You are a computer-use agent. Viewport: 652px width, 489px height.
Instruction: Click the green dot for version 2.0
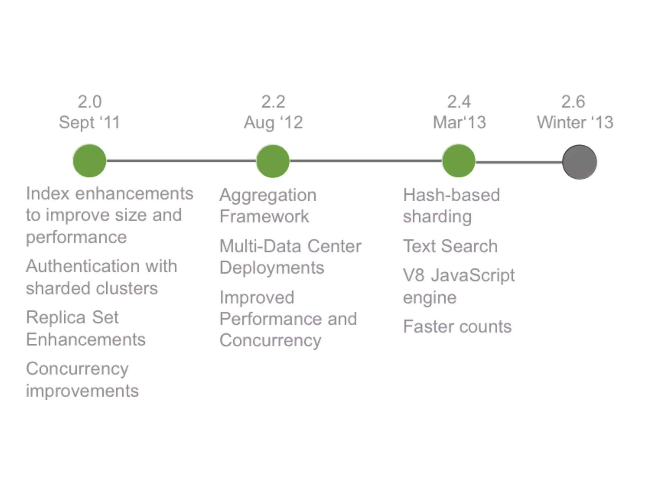89,161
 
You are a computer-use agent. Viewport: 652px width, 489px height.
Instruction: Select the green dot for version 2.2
273,161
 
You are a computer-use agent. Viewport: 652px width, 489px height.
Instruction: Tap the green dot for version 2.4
459,161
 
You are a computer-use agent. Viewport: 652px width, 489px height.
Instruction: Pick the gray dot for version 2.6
579,162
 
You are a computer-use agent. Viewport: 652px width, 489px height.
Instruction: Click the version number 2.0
90,102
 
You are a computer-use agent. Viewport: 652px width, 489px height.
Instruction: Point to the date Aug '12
273,123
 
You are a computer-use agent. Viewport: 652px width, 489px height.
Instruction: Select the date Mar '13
459,123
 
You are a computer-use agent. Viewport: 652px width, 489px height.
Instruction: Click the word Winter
562,123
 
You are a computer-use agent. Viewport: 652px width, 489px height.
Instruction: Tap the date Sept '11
89,123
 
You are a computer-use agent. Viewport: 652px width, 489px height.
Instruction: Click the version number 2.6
573,102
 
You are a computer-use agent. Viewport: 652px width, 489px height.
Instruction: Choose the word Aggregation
268,195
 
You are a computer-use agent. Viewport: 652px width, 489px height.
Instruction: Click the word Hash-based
451,195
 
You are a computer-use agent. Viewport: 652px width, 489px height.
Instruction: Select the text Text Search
450,246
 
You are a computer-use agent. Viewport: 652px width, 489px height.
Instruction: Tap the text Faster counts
457,327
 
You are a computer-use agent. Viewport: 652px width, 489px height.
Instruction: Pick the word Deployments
272,268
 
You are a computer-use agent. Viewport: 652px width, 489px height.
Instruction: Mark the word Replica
56,318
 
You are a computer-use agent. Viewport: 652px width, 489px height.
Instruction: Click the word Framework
264,216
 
